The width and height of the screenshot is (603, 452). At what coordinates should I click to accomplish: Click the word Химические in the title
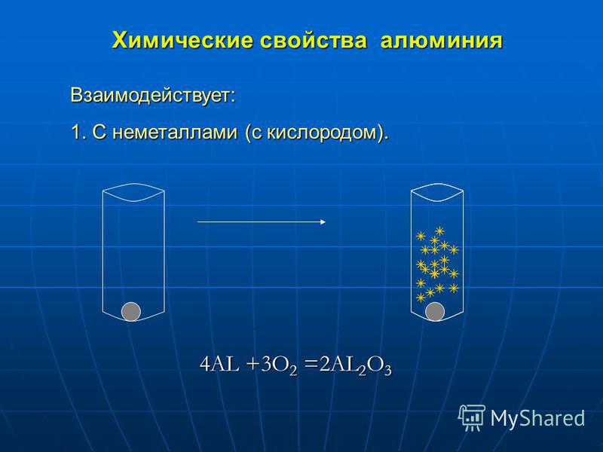coord(182,40)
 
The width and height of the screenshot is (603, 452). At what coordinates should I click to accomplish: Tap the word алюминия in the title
coord(442,41)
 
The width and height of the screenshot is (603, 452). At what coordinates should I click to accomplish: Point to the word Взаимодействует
coord(152,96)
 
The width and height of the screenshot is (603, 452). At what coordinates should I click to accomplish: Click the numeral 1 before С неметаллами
coord(77,133)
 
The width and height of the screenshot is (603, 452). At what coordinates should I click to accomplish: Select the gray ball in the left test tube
coord(131,312)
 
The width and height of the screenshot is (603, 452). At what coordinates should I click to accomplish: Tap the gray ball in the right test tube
coord(435,312)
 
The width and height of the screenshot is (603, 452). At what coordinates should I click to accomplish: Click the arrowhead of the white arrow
coord(323,221)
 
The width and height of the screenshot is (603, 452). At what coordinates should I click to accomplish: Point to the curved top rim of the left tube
coord(133,192)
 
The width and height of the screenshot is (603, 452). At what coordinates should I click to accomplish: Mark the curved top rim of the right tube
coord(437,192)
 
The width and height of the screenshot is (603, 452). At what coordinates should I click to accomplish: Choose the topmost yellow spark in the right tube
coord(439,231)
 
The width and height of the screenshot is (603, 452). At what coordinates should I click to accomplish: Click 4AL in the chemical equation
coord(219,365)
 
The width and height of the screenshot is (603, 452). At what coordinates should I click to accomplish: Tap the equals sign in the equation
coord(311,365)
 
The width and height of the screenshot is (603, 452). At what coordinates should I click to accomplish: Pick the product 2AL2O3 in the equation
coord(356,366)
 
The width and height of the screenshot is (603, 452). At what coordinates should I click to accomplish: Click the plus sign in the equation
coord(252,365)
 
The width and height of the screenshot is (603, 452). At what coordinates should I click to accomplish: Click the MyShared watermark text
coord(537,417)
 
